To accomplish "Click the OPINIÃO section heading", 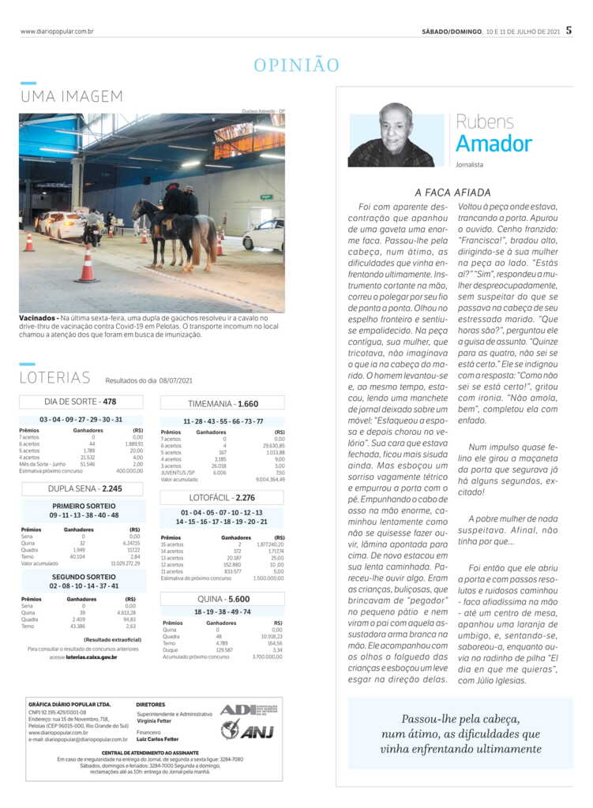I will (x=296, y=65).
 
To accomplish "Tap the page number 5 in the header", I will (x=569, y=32).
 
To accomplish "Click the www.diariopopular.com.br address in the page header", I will (x=57, y=32).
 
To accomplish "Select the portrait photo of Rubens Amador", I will (x=391, y=135).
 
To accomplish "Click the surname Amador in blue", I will (x=494, y=144).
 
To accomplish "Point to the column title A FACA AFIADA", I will (x=452, y=192).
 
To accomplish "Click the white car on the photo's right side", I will (x=265, y=234).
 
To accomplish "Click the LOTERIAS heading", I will (x=55, y=378).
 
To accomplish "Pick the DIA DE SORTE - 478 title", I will (x=81, y=402).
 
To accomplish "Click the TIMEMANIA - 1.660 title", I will (x=222, y=403).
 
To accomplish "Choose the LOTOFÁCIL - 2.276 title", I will (x=222, y=498).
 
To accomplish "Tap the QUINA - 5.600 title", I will (x=222, y=599).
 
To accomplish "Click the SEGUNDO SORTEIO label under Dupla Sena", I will (x=83, y=578).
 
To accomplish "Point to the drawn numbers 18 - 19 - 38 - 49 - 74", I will (x=222, y=612).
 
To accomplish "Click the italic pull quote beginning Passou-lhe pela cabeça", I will (x=460, y=733).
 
